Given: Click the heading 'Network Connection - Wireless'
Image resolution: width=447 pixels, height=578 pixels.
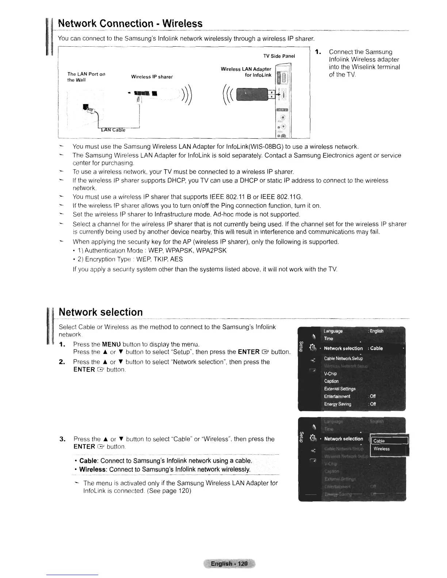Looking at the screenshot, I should pos(130,24).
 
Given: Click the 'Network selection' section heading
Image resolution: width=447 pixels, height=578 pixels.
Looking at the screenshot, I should pos(101,312).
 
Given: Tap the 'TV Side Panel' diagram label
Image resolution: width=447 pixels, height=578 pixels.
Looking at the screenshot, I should pos(279,56).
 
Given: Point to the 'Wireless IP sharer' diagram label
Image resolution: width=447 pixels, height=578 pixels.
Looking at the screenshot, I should pos(152,77).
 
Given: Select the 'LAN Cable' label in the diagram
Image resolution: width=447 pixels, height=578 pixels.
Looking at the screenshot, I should pos(113,130).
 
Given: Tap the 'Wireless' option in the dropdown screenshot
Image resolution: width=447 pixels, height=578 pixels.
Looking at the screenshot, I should pos(382,449).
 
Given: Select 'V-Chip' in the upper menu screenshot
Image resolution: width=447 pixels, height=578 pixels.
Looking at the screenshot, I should pos(330,374).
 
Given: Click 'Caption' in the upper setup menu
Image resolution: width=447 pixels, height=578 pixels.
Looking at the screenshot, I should pos(331,381).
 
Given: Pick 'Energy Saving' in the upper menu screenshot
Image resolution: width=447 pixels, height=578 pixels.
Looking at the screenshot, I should pos(337,404).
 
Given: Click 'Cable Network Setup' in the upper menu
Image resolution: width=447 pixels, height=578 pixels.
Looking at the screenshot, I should pos(343,358).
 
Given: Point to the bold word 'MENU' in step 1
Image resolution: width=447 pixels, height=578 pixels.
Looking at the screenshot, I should pos(111,344).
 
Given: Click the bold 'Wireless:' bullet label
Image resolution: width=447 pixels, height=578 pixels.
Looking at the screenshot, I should pos(92,469).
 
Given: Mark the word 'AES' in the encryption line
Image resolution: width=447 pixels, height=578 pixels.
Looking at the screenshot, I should pos(176,259).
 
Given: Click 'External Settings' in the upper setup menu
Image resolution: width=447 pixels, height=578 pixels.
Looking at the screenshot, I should pos(340,389).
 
